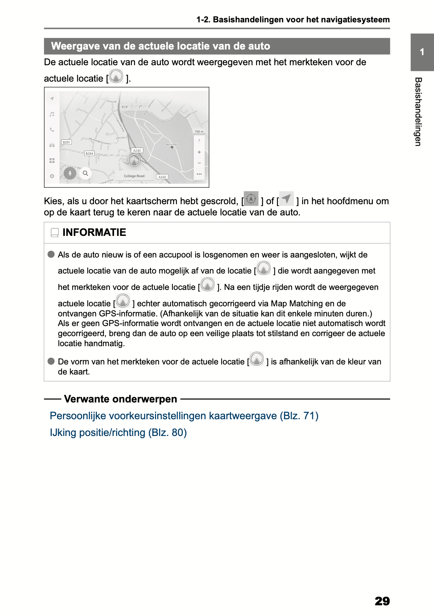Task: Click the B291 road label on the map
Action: click(66, 142)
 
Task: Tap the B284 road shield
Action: click(89, 154)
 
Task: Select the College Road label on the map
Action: click(134, 176)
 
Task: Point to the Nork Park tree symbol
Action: click(172, 148)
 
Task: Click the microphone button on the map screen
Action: click(70, 173)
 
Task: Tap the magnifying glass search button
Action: click(85, 173)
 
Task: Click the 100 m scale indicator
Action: click(199, 132)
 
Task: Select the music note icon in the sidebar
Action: click(52, 114)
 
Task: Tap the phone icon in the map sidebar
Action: click(52, 130)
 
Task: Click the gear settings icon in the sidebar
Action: click(52, 176)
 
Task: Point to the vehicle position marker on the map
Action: click(134, 160)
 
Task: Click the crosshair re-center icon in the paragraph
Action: click(251, 199)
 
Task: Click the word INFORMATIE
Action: click(94, 233)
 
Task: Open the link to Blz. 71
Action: click(184, 416)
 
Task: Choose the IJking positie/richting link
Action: click(118, 433)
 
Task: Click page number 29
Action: click(382, 601)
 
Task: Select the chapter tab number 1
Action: click(422, 52)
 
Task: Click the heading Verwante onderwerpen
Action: click(120, 399)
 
